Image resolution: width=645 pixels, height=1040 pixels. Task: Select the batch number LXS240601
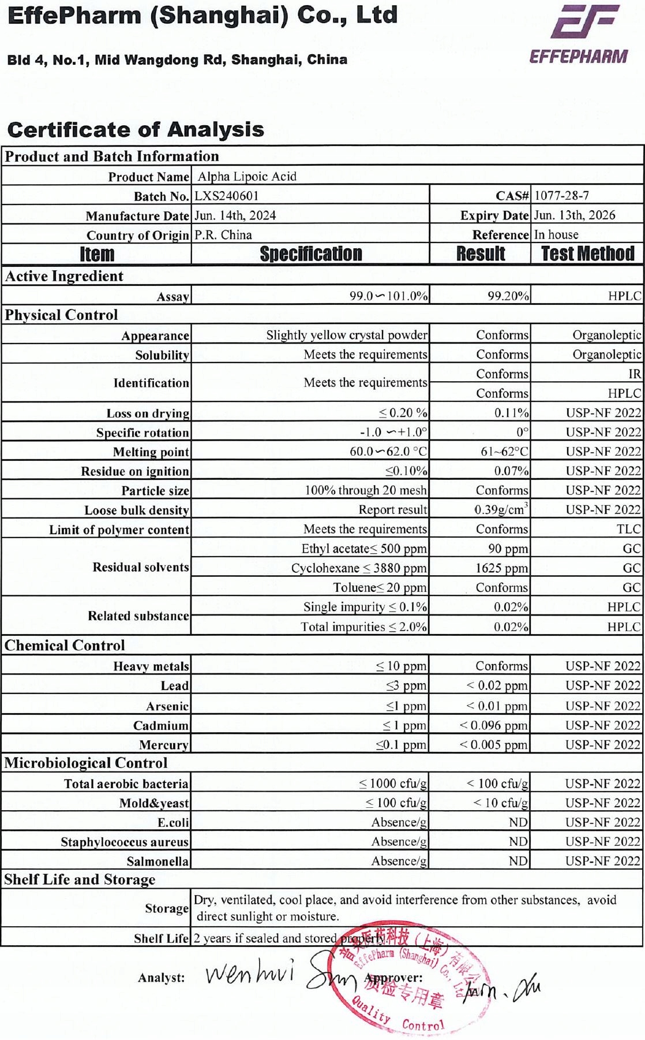pos(226,196)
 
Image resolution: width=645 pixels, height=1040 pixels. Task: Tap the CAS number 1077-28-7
pos(561,195)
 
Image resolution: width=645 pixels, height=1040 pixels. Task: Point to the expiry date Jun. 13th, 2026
pos(574,215)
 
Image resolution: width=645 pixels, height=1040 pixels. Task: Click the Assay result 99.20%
pos(508,296)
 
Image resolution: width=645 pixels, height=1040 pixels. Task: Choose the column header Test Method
pos(587,254)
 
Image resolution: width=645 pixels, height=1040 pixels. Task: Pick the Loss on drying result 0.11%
pos(511,413)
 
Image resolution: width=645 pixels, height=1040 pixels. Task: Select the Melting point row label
pos(151,452)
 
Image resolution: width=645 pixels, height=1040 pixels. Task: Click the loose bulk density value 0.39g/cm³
pos(501,509)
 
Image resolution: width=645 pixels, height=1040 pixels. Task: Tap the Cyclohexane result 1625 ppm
pos(501,568)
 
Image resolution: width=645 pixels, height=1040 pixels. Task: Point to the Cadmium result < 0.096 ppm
pos(493,725)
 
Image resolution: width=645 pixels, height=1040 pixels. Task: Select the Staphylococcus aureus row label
pos(125,842)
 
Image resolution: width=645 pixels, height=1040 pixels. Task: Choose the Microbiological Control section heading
pos(86,763)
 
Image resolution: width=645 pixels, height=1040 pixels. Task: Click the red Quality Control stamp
pos(407,976)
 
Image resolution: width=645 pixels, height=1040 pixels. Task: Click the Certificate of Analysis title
pos(136,129)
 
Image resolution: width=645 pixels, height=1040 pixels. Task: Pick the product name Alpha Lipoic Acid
pos(247,177)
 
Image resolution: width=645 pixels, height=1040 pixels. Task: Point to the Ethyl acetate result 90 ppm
pos(508,549)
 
